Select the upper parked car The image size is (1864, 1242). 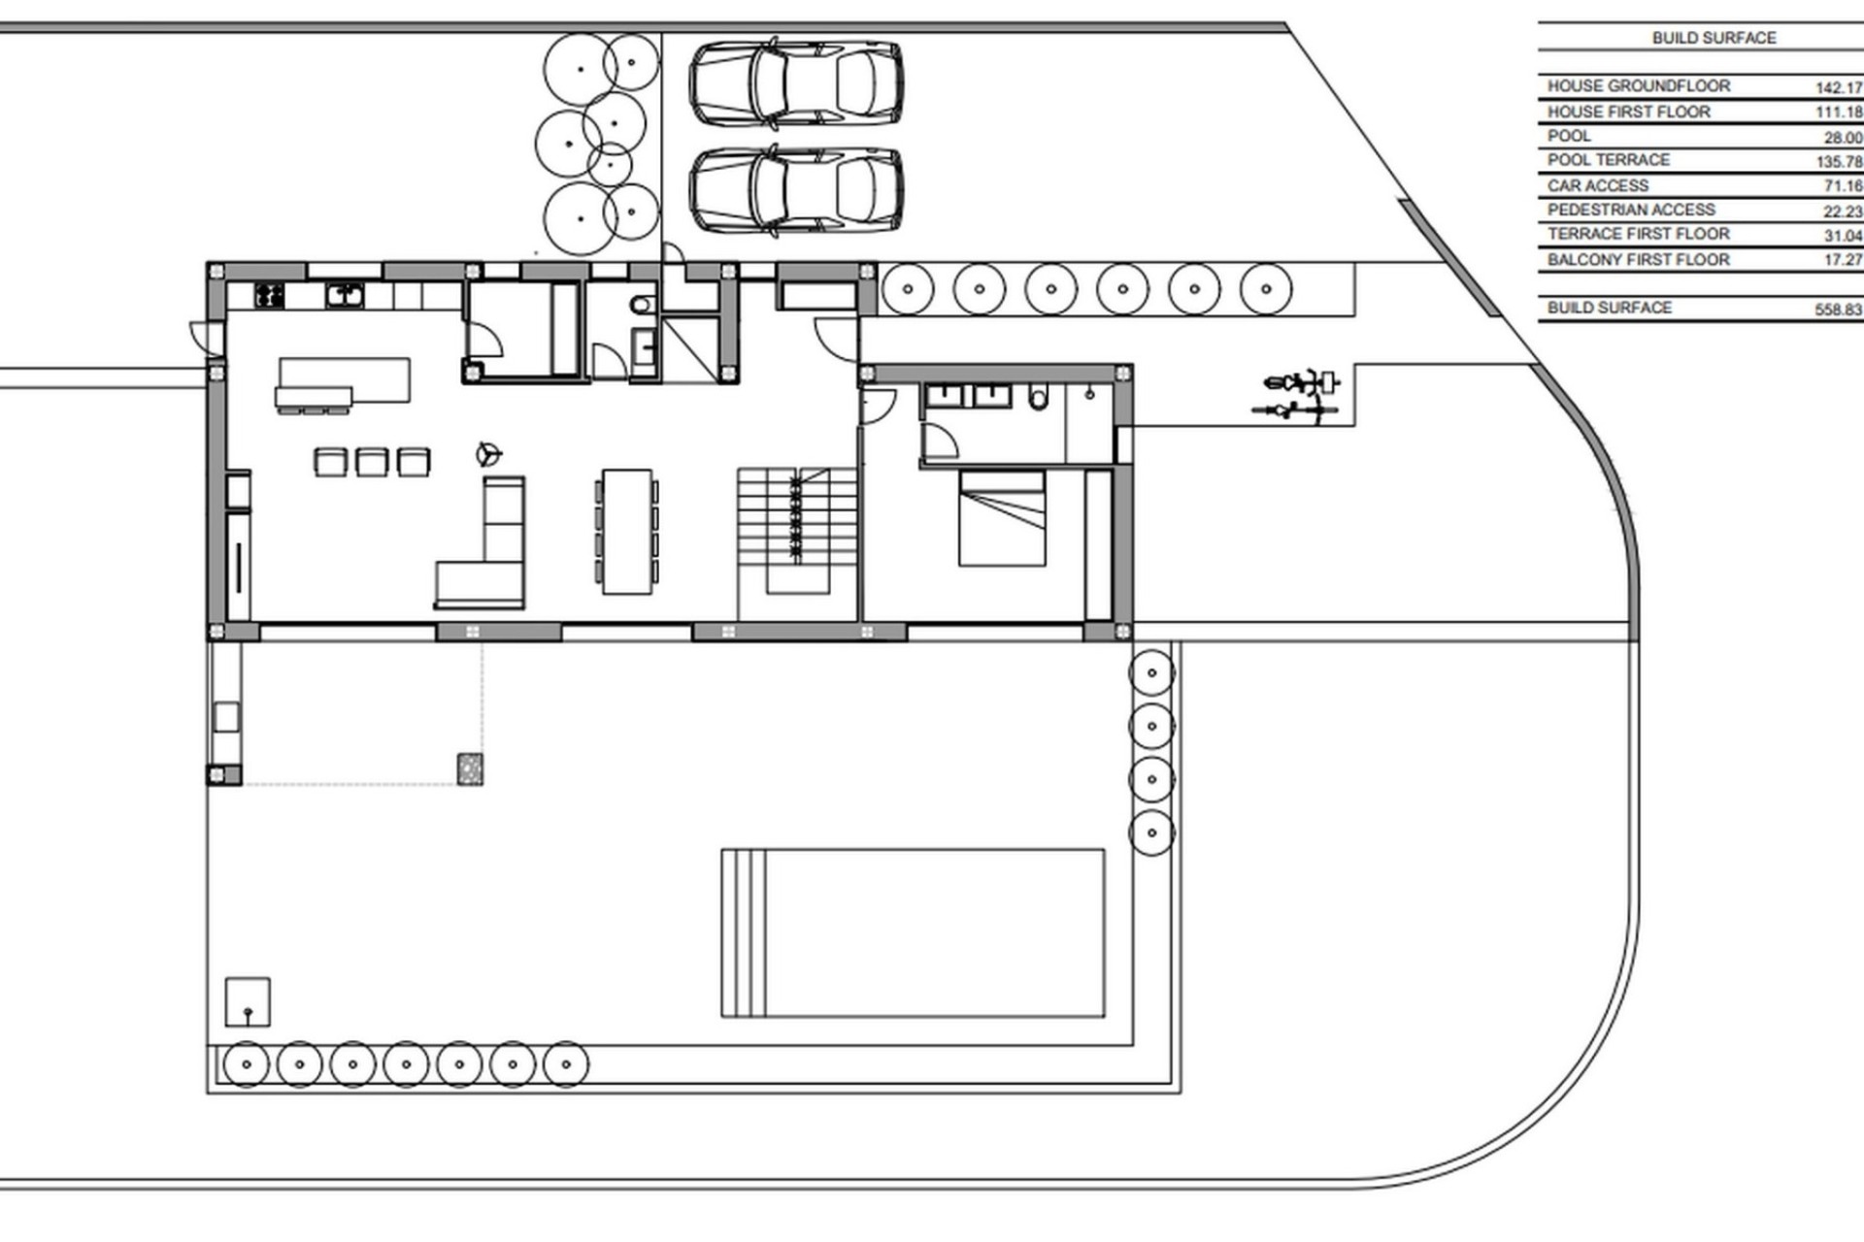pos(796,82)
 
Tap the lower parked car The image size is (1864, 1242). pos(796,190)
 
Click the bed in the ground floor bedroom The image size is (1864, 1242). pos(1002,518)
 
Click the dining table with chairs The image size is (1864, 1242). pos(626,531)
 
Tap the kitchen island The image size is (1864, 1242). pos(345,380)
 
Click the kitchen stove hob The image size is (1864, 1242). pos(269,295)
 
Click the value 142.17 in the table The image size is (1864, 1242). pos(1838,87)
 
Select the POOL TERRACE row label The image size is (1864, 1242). pos(1608,160)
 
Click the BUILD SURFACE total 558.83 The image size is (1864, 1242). pos(1838,310)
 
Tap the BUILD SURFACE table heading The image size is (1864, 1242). pos(1714,38)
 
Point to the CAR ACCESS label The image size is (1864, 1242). pos(1597,185)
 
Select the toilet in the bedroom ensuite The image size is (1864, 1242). pos(1038,398)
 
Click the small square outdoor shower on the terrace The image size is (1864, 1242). pos(248,1002)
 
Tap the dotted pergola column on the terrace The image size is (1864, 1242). pos(470,769)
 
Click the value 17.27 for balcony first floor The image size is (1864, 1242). pos(1842,260)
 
